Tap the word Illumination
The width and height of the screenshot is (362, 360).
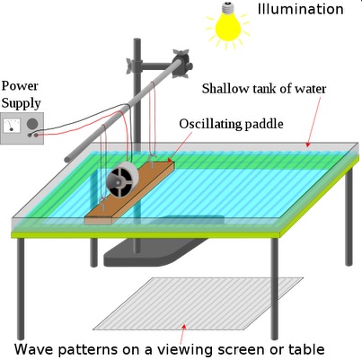(300, 9)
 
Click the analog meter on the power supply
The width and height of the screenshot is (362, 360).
(12, 125)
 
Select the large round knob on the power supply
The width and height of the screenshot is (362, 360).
(32, 123)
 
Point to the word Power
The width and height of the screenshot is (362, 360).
(20, 86)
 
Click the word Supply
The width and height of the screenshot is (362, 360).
(21, 104)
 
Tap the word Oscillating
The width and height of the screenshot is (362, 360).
(210, 124)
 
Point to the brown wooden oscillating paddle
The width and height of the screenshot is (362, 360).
(129, 192)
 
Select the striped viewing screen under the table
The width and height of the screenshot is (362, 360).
(199, 303)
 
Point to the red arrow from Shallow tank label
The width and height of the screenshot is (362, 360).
(313, 122)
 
